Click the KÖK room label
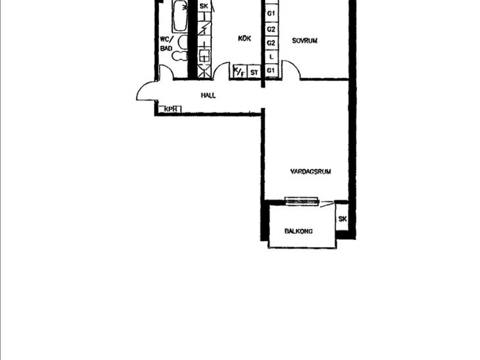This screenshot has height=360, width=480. click(x=245, y=38)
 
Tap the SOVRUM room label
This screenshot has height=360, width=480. click(x=304, y=41)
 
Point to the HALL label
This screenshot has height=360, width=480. click(x=208, y=95)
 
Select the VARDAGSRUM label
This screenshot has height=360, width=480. click(x=310, y=171)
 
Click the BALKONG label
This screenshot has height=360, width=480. click(x=299, y=231)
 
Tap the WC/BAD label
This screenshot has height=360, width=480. click(x=166, y=44)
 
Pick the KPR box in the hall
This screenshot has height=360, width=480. click(x=170, y=109)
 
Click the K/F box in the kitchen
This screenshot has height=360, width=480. click(x=240, y=72)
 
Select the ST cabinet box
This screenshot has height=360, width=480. click(x=254, y=72)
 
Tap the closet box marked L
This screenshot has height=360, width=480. click(x=271, y=56)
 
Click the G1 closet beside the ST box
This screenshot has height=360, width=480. click(x=271, y=71)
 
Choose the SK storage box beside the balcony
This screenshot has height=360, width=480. click(x=342, y=219)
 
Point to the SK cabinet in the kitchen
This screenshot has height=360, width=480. click(x=204, y=6)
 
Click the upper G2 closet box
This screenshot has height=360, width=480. click(x=271, y=30)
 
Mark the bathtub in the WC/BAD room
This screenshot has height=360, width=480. click(x=180, y=16)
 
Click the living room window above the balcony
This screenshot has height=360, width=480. click(x=302, y=201)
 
